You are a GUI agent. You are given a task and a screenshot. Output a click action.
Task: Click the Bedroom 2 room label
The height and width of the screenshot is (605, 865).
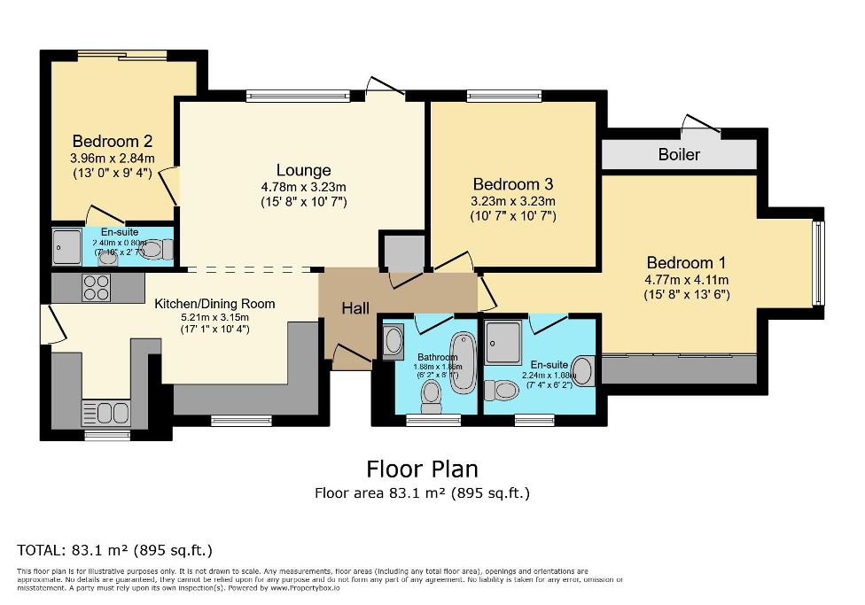[113, 141]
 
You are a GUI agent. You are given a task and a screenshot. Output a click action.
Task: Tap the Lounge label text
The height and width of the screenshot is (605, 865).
[303, 170]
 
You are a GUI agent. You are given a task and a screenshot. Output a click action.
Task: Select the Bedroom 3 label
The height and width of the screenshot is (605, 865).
[513, 184]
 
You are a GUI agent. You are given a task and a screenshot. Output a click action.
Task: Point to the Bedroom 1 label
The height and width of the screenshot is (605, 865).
[686, 262]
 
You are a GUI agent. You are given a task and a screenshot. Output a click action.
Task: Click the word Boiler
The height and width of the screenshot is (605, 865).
[679, 154]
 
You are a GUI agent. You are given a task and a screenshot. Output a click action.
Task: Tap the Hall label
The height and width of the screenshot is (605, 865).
[355, 308]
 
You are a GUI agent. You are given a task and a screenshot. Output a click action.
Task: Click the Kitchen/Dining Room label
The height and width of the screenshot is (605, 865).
[214, 304]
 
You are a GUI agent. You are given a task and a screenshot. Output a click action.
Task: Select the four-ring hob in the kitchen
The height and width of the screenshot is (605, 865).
[97, 288]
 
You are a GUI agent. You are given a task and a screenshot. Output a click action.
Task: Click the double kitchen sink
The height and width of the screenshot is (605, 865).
[106, 413]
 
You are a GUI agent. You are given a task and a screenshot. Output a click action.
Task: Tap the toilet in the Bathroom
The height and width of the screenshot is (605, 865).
[432, 400]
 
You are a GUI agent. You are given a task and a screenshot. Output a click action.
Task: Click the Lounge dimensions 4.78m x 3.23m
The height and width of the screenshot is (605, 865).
[303, 187]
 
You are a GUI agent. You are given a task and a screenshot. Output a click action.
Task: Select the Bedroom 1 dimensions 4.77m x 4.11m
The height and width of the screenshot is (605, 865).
[686, 279]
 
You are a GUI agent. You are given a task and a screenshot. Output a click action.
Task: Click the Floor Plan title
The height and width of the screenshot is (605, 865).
[422, 468]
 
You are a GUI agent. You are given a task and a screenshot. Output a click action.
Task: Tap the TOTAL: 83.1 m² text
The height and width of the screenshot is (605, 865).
[115, 549]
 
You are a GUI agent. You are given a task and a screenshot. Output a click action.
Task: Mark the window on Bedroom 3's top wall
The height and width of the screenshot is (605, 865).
[503, 96]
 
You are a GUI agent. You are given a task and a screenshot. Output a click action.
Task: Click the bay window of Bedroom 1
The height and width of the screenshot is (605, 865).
[818, 263]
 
